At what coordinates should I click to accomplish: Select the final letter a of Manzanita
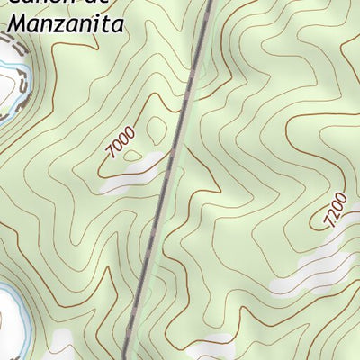click(x=115, y=25)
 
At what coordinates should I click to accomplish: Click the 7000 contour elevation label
click(x=119, y=144)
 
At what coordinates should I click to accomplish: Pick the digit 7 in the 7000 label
click(x=110, y=155)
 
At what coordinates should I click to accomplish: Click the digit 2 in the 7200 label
click(x=333, y=213)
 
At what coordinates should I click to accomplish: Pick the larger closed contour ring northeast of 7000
click(x=155, y=128)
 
